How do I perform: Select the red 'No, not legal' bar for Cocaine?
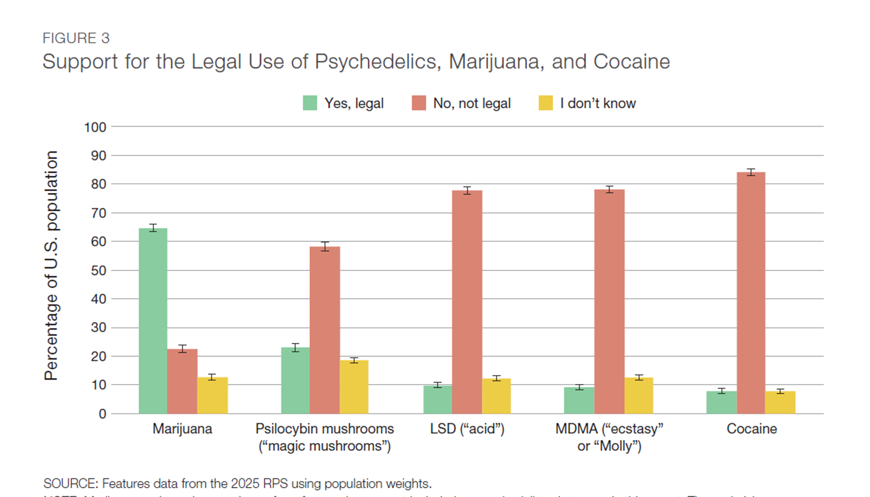751,293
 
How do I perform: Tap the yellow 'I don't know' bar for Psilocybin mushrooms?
354,387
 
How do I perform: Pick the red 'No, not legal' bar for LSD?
467,302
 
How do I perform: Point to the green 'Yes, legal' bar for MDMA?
579,400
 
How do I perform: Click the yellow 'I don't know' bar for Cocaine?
780,402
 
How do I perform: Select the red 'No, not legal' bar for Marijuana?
182,381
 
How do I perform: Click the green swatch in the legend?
310,104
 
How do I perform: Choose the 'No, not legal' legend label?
471,104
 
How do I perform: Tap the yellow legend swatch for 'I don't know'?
546,104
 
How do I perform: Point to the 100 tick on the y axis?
95,127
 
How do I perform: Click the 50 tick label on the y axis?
98,270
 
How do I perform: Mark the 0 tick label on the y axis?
102,414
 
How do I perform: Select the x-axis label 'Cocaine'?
752,429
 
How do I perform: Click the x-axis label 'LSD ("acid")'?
467,429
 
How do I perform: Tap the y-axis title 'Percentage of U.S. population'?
52,266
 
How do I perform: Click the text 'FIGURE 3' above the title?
76,38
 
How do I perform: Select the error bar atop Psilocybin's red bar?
325,246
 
